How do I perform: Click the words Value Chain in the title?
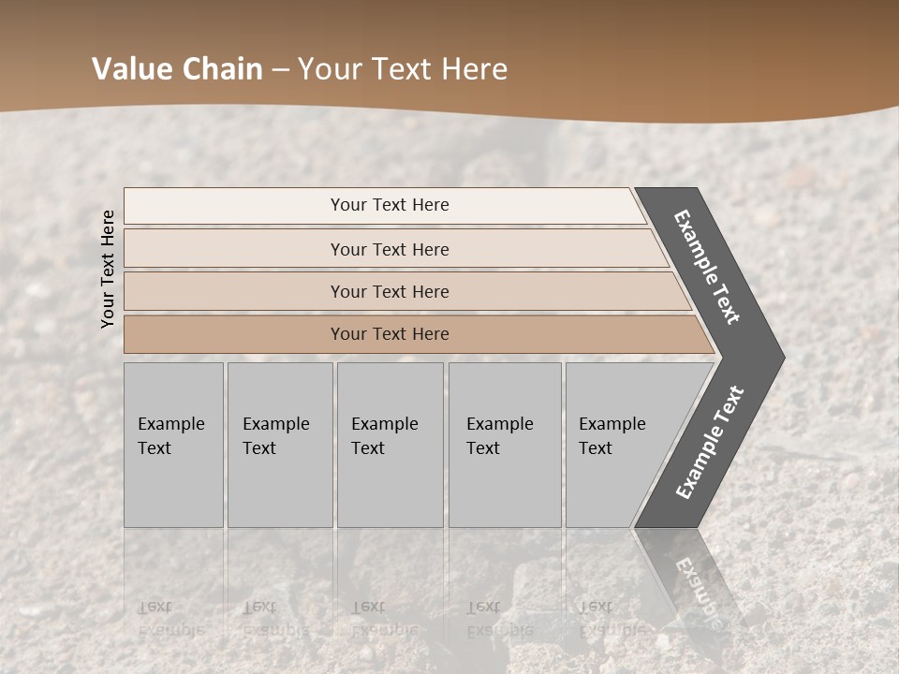point(177,69)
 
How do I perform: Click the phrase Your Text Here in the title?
point(403,69)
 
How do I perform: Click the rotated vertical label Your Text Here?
point(108,269)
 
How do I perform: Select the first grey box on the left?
point(173,487)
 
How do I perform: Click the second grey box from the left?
point(280,487)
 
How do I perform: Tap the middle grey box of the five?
point(390,487)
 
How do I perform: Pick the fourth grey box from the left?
point(505,487)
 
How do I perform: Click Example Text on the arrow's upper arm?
point(707,267)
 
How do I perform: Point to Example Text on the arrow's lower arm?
point(710,442)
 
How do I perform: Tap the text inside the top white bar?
point(390,205)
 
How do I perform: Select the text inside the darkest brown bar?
point(390,334)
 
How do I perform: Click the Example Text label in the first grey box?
point(170,436)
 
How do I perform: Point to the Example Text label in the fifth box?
point(612,436)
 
